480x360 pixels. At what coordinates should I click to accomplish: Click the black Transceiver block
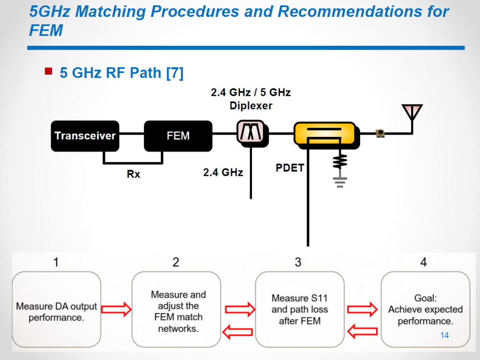[85, 136]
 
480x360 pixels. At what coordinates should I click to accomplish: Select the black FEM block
[178, 136]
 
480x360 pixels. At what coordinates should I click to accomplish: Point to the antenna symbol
[412, 112]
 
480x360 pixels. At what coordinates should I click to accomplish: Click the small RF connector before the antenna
[380, 133]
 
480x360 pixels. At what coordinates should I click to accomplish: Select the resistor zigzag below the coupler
[340, 161]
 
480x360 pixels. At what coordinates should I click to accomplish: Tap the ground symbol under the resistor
[340, 182]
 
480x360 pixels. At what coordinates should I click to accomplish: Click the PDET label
[290, 168]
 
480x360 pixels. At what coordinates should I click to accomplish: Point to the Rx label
[133, 174]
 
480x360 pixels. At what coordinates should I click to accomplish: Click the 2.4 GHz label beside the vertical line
[223, 172]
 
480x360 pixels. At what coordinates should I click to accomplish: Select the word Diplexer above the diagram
[251, 106]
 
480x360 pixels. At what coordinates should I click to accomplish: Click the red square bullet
[48, 71]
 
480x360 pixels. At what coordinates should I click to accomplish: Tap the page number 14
[444, 335]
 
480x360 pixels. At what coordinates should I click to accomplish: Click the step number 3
[298, 262]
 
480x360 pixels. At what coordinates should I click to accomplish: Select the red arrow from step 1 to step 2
[116, 309]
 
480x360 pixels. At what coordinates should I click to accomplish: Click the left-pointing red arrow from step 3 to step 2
[237, 332]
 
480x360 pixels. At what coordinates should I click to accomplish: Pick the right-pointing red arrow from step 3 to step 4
[362, 309]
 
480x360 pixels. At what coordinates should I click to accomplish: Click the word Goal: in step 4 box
[425, 298]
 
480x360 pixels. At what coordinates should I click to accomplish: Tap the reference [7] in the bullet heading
[175, 73]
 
